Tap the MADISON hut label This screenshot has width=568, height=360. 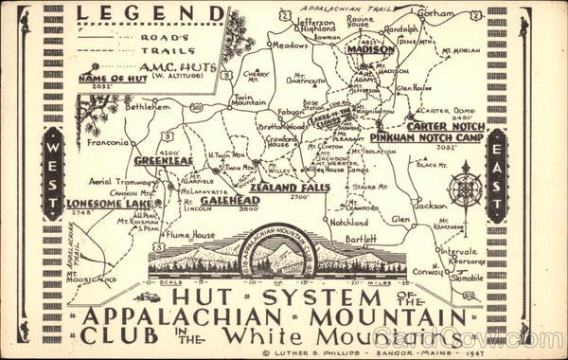(370, 49)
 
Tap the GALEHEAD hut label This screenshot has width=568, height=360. (229, 200)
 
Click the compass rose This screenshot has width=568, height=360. (465, 187)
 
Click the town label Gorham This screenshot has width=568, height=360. (435, 15)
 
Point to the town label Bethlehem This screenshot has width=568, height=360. (151, 109)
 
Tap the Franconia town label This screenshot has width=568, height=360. (107, 143)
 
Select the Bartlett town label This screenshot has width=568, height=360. (359, 239)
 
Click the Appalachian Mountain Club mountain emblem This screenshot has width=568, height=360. (277, 254)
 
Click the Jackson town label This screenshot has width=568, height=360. (431, 205)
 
